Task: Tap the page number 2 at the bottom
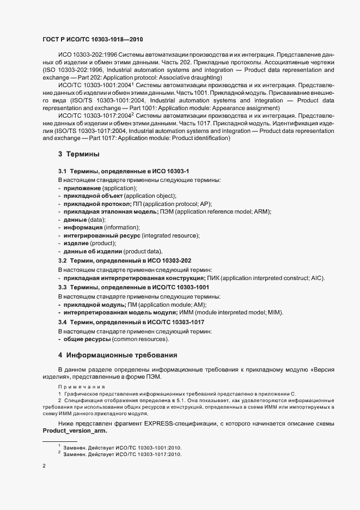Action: (44, 466)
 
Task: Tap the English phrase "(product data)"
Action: (143, 251)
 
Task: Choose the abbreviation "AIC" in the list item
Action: (316, 278)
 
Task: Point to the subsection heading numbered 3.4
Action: (131, 323)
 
